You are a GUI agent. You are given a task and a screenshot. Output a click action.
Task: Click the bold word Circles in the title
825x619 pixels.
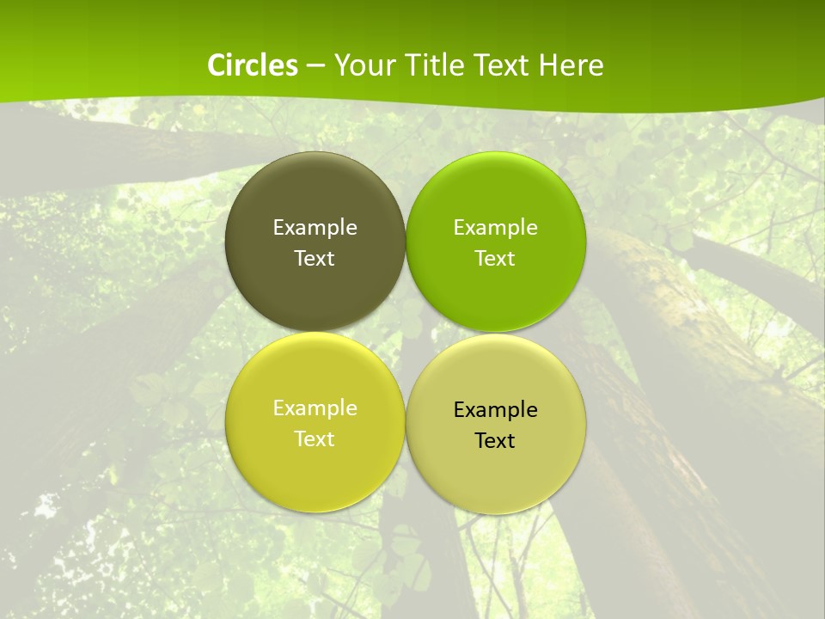click(252, 65)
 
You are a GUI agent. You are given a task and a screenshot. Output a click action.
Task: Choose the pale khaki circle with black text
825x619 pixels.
click(495, 473)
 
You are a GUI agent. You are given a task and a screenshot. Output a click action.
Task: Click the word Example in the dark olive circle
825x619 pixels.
click(315, 228)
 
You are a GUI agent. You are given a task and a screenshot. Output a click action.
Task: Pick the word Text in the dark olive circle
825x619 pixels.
click(315, 259)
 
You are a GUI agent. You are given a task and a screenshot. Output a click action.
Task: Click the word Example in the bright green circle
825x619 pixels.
click(495, 228)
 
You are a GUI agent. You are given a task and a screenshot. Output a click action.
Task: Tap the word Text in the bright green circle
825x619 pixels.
click(495, 259)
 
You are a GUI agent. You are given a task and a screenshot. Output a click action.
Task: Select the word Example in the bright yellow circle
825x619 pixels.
click(315, 408)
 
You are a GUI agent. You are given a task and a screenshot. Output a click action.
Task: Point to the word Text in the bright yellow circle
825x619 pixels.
click(315, 439)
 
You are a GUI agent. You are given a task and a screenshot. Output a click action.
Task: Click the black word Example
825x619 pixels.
click(495, 410)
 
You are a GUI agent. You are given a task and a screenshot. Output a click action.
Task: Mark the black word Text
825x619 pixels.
click(495, 441)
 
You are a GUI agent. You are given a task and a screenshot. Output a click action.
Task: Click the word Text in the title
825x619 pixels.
click(502, 65)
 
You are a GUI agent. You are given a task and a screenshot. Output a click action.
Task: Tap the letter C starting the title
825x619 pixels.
click(217, 65)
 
